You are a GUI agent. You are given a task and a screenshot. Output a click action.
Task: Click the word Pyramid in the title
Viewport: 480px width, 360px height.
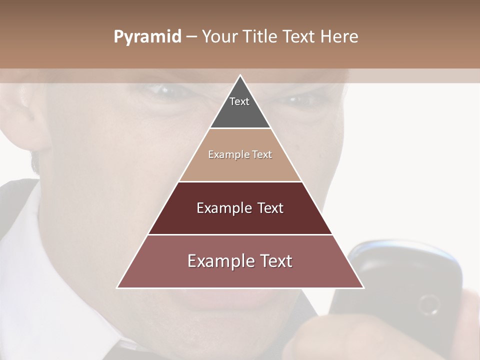point(147,37)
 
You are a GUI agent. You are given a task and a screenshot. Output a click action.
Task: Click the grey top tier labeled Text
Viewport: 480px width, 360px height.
point(240,107)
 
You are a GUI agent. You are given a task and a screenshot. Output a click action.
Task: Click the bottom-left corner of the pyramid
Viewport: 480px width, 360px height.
point(118,287)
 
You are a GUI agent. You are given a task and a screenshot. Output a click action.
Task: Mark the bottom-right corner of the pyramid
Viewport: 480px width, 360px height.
point(363,287)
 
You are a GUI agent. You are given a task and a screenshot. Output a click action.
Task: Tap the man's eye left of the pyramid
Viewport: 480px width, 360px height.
point(162,91)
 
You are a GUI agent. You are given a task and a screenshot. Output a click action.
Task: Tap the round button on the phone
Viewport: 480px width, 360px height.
point(429,304)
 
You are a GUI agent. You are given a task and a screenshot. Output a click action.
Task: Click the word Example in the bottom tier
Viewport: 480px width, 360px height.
point(217,261)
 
